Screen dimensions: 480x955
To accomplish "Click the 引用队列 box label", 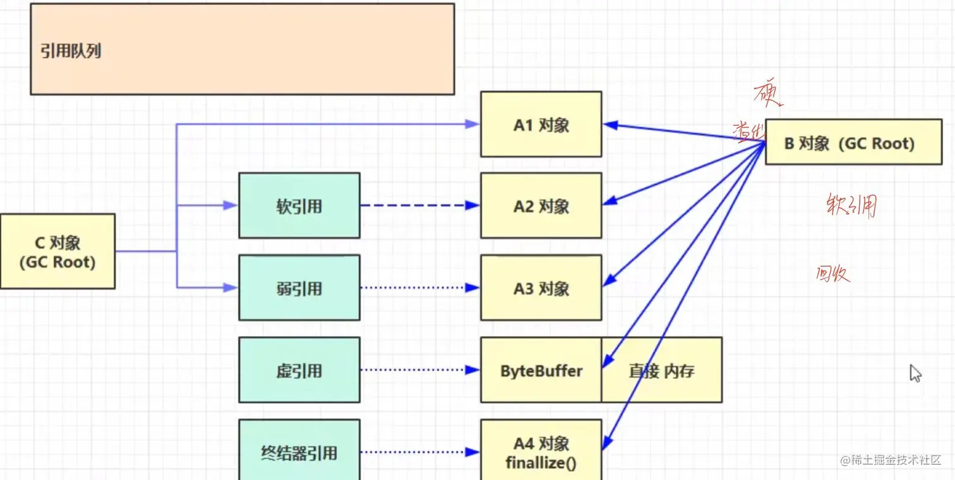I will click(71, 51).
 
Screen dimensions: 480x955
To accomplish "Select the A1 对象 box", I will click(541, 124).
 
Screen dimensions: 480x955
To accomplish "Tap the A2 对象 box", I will click(541, 207).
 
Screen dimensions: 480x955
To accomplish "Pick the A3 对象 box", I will click(541, 289).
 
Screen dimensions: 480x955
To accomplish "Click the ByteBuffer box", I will click(541, 370).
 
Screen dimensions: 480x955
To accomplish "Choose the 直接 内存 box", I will click(661, 370).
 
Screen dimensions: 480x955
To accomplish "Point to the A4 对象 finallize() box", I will click(541, 452).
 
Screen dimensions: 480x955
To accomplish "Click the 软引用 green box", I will click(299, 207).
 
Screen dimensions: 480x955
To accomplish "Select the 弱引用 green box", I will click(299, 289).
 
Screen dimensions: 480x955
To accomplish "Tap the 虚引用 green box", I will click(299, 370).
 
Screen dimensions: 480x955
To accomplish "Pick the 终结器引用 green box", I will click(299, 452).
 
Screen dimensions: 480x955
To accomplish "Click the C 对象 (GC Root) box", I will click(57, 251).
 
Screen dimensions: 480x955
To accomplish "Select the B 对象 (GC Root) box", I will click(849, 143).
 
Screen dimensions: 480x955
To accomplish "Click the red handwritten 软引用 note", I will click(851, 205).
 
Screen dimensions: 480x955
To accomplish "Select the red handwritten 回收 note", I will click(832, 274).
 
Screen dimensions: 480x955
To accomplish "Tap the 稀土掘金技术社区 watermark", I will click(891, 460).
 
